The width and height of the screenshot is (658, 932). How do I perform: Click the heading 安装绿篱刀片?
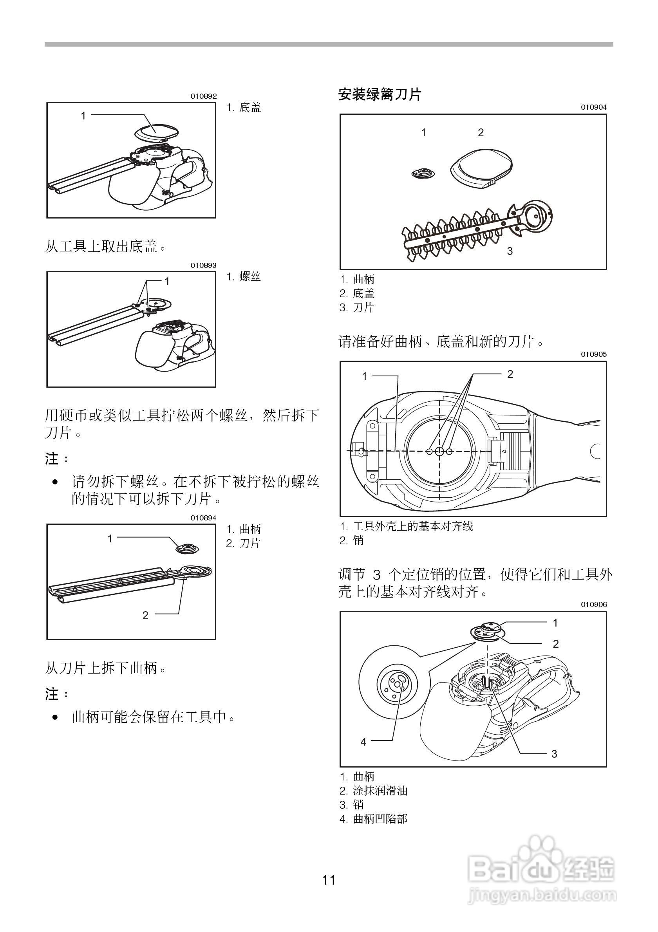[x=380, y=95]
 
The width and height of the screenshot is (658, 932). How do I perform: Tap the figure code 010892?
[x=204, y=97]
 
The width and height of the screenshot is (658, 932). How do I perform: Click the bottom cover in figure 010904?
[x=482, y=168]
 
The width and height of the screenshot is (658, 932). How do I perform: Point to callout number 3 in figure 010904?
[x=510, y=251]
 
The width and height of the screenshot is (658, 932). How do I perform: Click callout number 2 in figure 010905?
[x=510, y=374]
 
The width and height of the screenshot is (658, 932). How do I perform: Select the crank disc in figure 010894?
[x=187, y=548]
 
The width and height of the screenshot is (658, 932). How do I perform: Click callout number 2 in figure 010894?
[x=145, y=616]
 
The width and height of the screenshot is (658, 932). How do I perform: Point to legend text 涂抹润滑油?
[x=380, y=791]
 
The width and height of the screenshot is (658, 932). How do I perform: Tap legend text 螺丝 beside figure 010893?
[x=249, y=277]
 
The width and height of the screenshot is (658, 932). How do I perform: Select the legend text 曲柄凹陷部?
[x=380, y=819]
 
